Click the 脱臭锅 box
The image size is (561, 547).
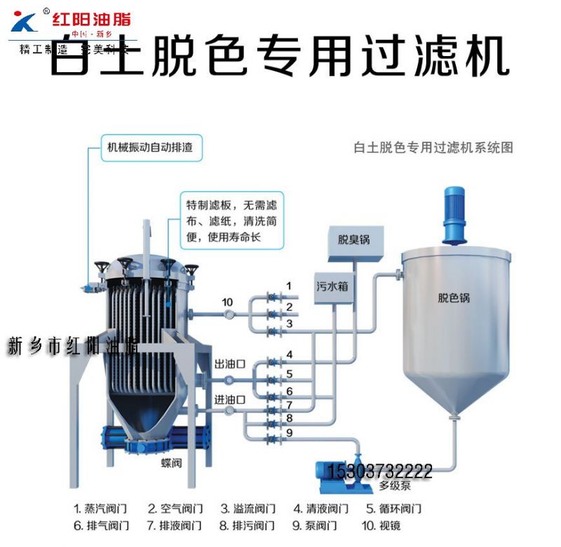pos(353,241)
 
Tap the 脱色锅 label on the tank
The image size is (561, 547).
pos(454,297)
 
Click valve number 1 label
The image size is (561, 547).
pos(288,285)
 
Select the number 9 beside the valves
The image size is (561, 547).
pos(288,432)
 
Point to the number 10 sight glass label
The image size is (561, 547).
pos(227,302)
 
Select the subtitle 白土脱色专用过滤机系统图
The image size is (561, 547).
pos(434,147)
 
